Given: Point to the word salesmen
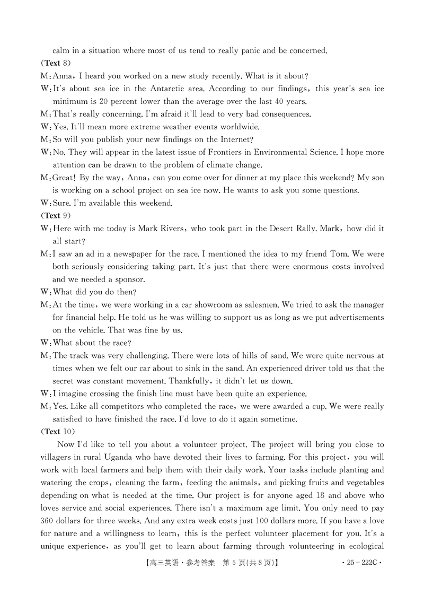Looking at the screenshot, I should (x=260, y=305).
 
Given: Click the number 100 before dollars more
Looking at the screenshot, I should (x=272, y=521).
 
